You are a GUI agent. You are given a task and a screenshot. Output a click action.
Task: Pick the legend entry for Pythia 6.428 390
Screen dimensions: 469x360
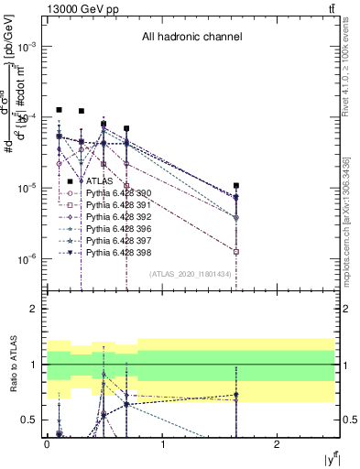pyautogui.click(x=113, y=193)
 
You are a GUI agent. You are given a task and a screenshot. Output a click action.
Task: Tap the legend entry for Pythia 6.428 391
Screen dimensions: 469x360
pyautogui.click(x=113, y=205)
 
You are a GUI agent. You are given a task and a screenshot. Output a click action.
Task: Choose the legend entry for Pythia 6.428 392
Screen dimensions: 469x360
pyautogui.click(x=113, y=217)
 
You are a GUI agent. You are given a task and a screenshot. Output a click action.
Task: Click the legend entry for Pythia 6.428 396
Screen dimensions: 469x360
pyautogui.click(x=113, y=229)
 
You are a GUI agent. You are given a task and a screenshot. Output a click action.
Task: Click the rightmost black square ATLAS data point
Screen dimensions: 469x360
pyautogui.click(x=236, y=186)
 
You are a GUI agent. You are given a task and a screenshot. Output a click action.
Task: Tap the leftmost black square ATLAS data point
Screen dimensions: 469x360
pyautogui.click(x=59, y=110)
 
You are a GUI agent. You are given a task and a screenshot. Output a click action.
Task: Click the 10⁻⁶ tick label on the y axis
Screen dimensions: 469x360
pyautogui.click(x=27, y=259)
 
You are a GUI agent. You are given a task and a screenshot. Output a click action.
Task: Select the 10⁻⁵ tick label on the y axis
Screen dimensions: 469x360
pyautogui.click(x=27, y=189)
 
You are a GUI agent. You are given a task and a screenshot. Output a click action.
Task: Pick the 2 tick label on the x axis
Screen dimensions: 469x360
pyautogui.click(x=277, y=444)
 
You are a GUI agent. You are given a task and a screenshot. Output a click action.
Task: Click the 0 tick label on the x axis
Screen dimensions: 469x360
pyautogui.click(x=47, y=444)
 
